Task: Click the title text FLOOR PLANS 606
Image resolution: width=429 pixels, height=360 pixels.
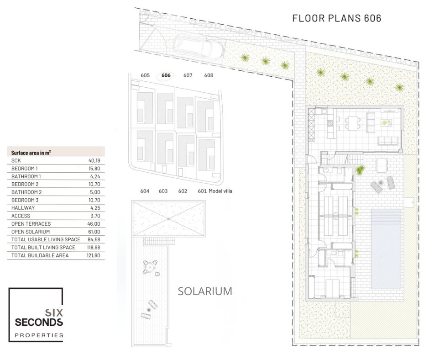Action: [x=337, y=18]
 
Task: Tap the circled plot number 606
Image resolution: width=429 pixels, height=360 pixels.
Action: [x=166, y=75]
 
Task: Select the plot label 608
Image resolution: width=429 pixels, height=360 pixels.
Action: [x=209, y=75]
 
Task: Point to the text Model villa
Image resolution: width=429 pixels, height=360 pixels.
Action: [x=220, y=191]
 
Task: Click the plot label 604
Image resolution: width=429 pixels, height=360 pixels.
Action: [x=145, y=191]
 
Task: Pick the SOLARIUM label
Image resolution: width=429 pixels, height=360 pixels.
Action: [x=205, y=291]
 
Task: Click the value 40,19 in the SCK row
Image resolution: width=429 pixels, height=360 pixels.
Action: [x=94, y=160]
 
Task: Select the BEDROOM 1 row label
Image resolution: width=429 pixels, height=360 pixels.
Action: [x=24, y=169]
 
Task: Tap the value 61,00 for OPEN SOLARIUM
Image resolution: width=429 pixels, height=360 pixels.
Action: [x=94, y=232]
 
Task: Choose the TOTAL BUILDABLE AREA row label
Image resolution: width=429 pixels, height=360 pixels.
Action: [x=40, y=255]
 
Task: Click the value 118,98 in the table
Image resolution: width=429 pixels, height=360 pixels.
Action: [x=93, y=248]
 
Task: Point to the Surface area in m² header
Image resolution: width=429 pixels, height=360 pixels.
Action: [x=31, y=153]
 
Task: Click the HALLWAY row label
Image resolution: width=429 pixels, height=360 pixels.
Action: [x=23, y=208]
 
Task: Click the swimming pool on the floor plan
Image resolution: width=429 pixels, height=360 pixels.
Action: [x=386, y=249]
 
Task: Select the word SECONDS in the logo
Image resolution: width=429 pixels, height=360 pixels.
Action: [x=39, y=322]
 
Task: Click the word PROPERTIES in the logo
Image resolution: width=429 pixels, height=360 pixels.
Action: [x=39, y=335]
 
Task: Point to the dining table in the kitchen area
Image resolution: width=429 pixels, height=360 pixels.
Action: [x=351, y=123]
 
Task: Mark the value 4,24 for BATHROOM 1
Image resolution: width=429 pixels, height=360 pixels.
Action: [x=95, y=176]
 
